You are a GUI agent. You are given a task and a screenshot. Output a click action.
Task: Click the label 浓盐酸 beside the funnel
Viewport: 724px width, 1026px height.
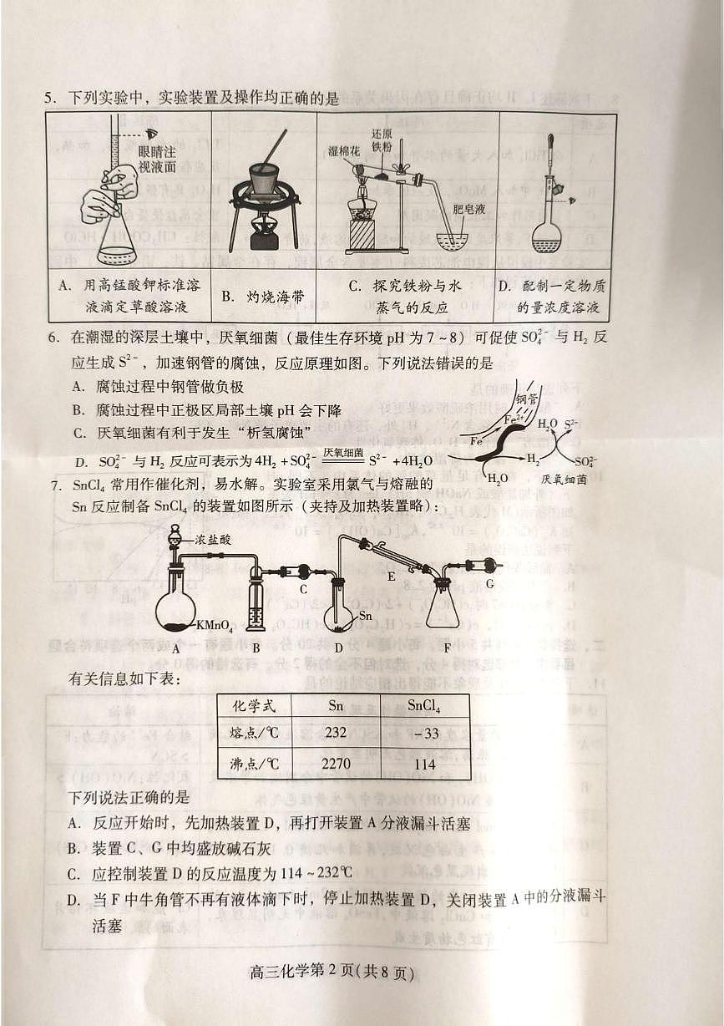point(214,540)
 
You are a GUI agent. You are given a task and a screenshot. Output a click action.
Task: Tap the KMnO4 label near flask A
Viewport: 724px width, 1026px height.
point(215,625)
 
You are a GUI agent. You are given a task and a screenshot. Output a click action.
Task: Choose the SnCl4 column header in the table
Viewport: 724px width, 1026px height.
point(423,706)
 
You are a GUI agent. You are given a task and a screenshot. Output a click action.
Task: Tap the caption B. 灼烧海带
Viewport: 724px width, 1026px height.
point(263,296)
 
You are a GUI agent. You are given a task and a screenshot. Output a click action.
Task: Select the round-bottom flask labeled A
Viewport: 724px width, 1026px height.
point(176,603)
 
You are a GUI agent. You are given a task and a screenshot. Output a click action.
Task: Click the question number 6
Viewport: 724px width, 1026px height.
point(51,337)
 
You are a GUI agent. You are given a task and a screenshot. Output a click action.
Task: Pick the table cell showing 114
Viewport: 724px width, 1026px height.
point(423,763)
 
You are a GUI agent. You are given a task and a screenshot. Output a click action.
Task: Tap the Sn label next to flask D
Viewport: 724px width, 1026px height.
point(365,616)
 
